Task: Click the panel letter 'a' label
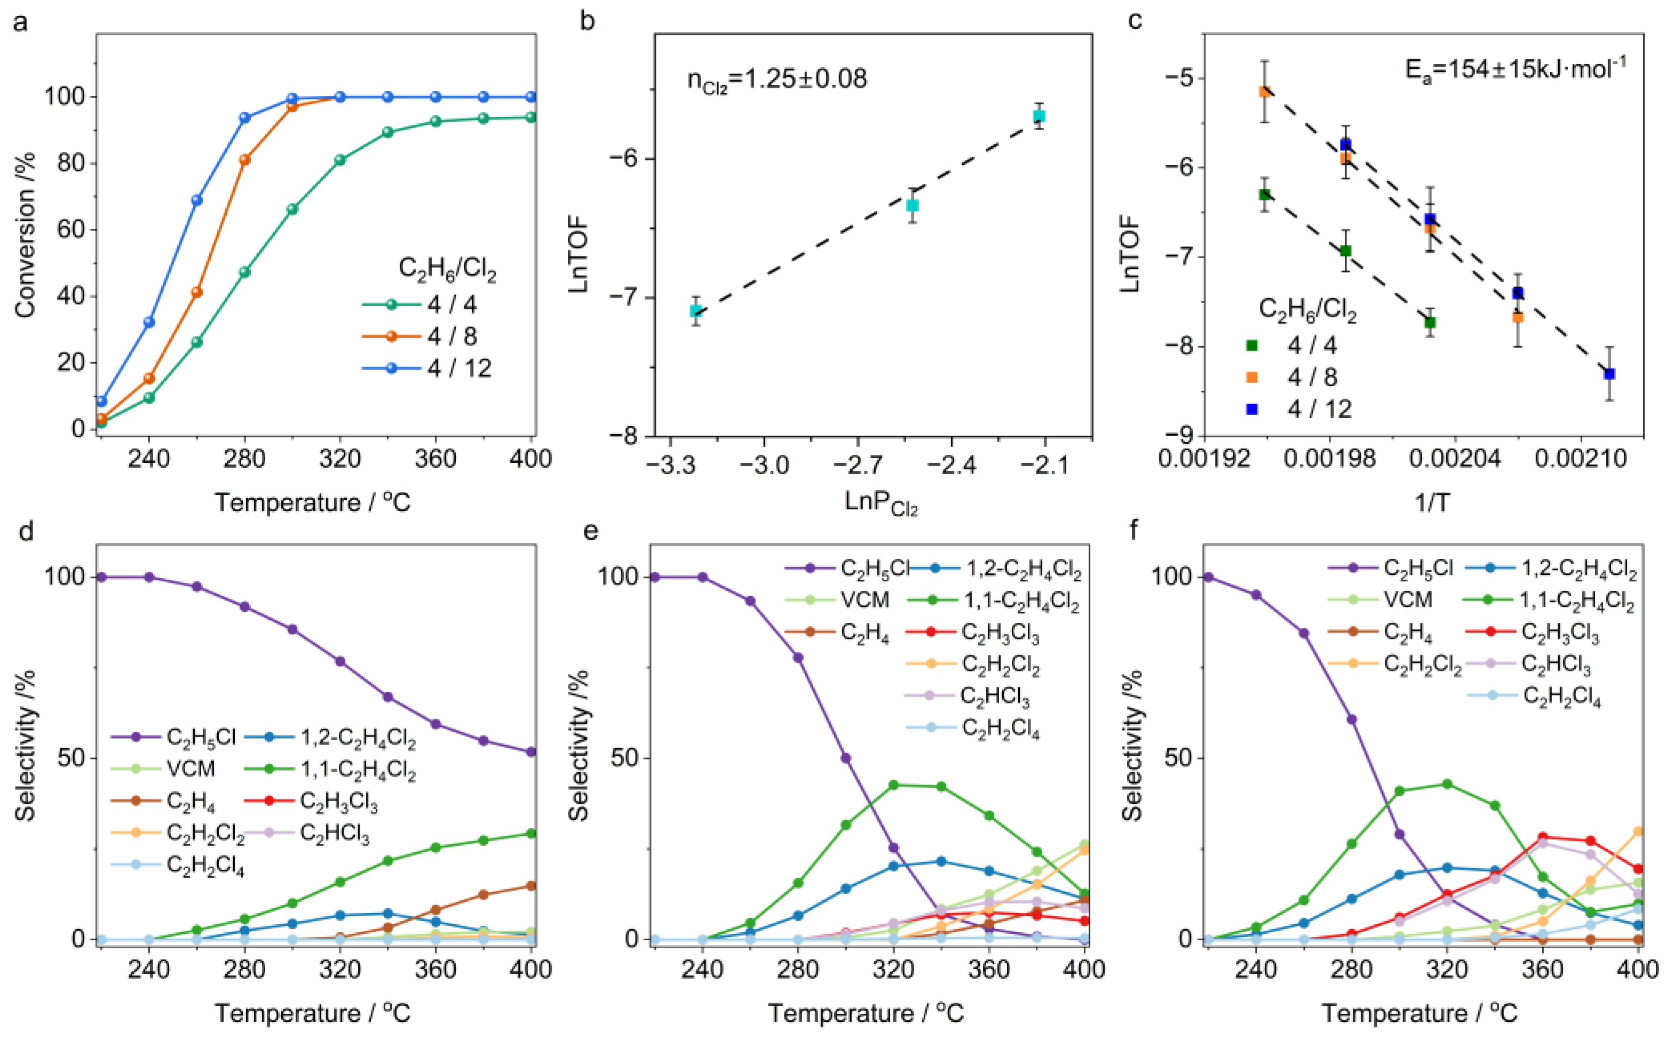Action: tap(21, 22)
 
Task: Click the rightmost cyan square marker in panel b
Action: tap(1038, 116)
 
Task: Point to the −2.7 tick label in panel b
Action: tap(858, 466)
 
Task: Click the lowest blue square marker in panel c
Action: tap(1609, 373)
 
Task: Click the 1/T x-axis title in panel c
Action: tap(1431, 503)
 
